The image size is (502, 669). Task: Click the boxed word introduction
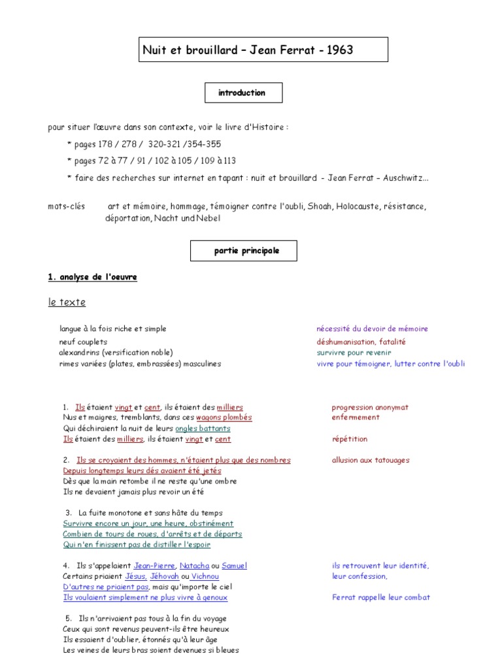(x=242, y=93)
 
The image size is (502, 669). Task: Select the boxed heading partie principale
(x=243, y=250)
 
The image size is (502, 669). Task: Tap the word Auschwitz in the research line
(x=409, y=178)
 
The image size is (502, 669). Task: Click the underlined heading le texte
(x=67, y=302)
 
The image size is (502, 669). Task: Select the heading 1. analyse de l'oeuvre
(x=92, y=277)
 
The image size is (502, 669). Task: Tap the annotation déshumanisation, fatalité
(x=361, y=342)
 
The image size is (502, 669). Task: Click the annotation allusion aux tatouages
(x=371, y=460)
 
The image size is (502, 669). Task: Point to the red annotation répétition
(x=350, y=439)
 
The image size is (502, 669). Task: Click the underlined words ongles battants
(x=203, y=429)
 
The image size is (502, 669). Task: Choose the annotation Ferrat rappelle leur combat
(x=381, y=597)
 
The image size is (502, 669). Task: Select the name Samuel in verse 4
(x=234, y=566)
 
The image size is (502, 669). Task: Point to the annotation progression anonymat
(x=370, y=407)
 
